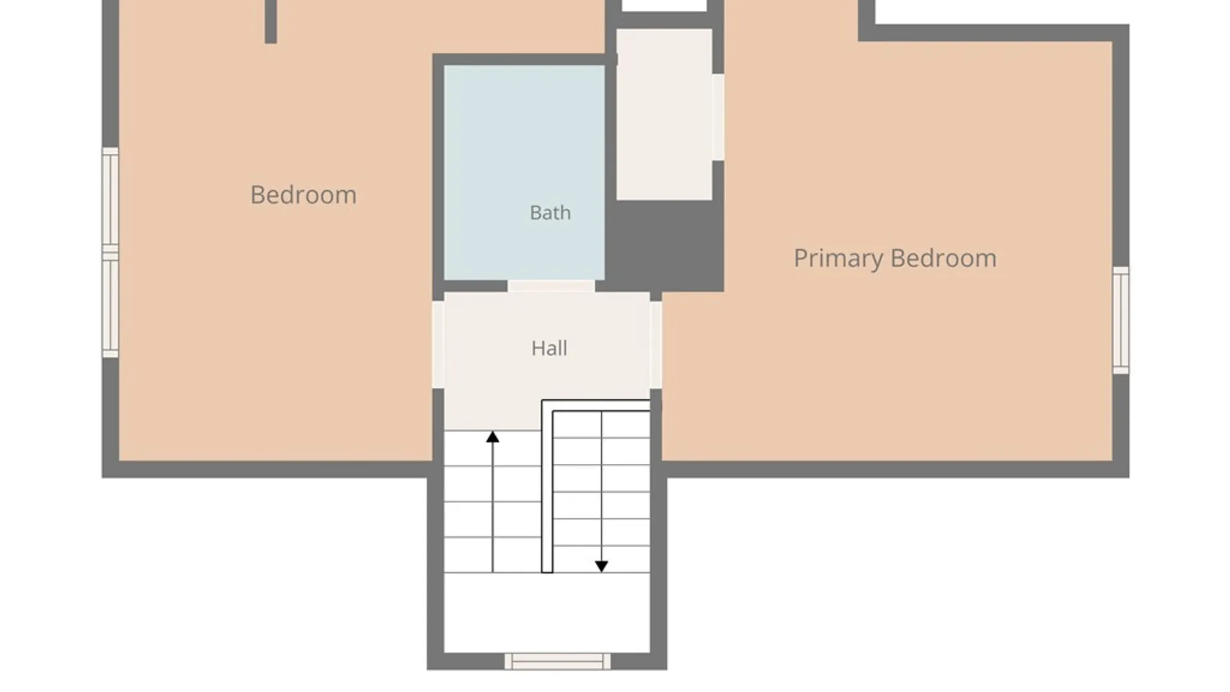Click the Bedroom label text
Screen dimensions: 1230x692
point(303,195)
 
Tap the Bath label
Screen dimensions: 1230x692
point(550,213)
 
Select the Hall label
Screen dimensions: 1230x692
point(549,348)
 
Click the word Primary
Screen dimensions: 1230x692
point(839,259)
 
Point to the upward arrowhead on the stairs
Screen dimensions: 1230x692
point(493,437)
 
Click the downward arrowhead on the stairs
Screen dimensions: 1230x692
point(602,566)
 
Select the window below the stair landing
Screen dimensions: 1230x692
point(557,661)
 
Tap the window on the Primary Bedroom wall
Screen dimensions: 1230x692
point(1120,320)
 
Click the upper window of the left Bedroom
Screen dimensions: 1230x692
point(110,199)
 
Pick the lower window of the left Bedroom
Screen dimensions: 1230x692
point(110,305)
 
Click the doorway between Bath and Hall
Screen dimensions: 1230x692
point(551,286)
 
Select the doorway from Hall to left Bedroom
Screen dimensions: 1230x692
point(438,345)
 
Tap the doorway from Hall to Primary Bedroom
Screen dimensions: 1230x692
point(656,345)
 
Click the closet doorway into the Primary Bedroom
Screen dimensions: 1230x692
point(718,117)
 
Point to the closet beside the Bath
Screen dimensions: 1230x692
point(664,114)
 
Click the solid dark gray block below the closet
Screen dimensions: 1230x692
point(665,245)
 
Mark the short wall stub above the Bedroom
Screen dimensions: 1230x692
point(271,22)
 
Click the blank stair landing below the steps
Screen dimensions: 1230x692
point(547,613)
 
